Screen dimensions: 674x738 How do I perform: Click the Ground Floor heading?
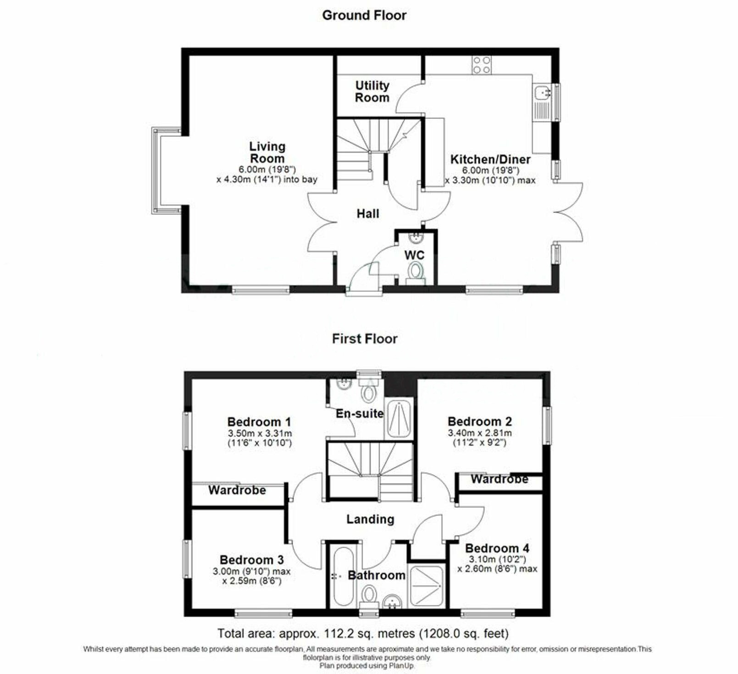364,15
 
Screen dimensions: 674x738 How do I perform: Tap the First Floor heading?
365,339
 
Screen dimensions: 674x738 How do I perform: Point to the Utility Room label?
372,91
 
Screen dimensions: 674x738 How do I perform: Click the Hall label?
368,214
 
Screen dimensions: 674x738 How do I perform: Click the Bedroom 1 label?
259,422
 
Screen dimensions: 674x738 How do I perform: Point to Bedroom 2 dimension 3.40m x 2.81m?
480,433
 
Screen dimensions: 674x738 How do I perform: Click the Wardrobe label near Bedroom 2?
499,479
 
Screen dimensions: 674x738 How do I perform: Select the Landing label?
370,519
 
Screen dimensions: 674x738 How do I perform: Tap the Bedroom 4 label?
497,548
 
